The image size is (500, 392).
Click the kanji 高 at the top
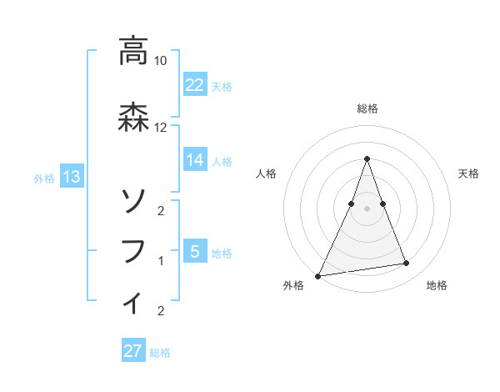pyautogui.click(x=132, y=51)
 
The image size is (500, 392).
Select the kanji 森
pyautogui.click(x=132, y=117)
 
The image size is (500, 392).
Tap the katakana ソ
pyautogui.click(x=132, y=201)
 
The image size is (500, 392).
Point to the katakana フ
pyautogui.click(x=132, y=251)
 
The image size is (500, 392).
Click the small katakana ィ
pyautogui.click(x=132, y=301)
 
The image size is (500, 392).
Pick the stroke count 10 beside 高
pyautogui.click(x=161, y=61)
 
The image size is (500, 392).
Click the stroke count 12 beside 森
pyautogui.click(x=161, y=128)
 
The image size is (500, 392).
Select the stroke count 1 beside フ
pyautogui.click(x=161, y=261)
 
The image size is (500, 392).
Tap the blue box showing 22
pyautogui.click(x=195, y=84)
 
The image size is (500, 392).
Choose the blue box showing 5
pyautogui.click(x=195, y=251)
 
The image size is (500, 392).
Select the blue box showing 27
pyautogui.click(x=133, y=351)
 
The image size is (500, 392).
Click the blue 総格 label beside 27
pyautogui.click(x=160, y=353)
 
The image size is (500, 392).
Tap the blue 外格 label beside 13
pyautogui.click(x=44, y=178)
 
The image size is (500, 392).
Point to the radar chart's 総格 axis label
pyautogui.click(x=367, y=108)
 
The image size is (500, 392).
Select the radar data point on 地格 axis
pyautogui.click(x=407, y=264)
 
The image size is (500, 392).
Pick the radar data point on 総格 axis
pyautogui.click(x=367, y=158)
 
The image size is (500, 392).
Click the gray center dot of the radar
pyautogui.click(x=367, y=208)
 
